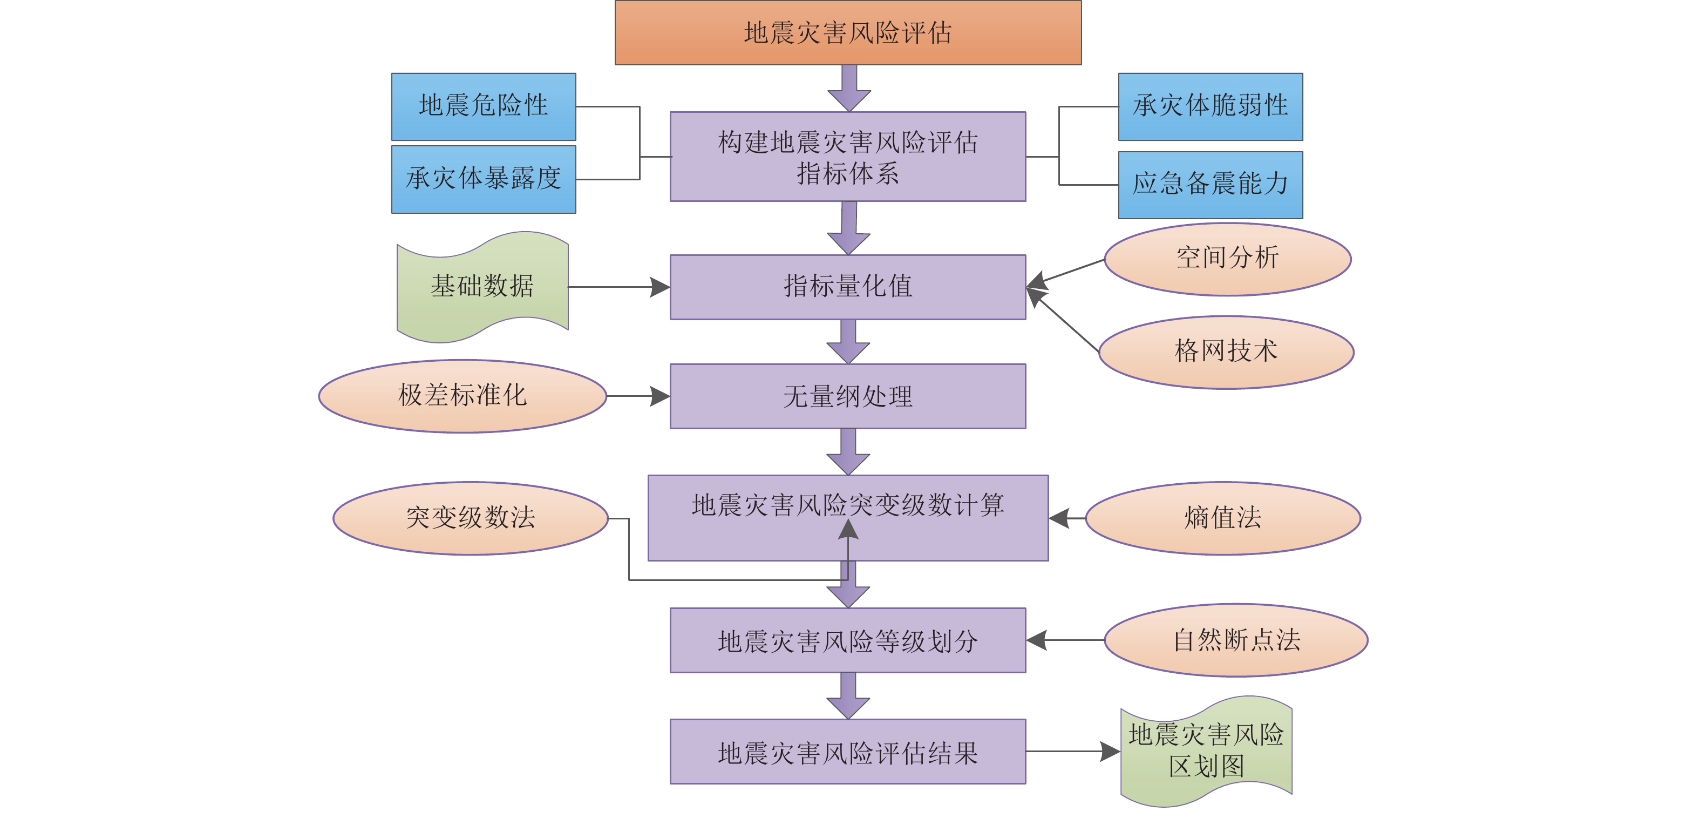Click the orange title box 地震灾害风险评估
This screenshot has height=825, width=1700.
[847, 32]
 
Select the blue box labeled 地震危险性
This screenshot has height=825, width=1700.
[483, 106]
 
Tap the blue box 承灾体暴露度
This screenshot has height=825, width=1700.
[483, 179]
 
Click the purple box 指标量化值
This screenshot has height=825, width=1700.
[847, 287]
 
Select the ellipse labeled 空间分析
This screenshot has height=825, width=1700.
[1227, 259]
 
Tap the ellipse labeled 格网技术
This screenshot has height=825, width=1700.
[1226, 352]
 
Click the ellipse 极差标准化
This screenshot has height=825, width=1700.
[462, 396]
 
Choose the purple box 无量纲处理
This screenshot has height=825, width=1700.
[847, 396]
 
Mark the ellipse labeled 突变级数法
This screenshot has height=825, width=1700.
[470, 518]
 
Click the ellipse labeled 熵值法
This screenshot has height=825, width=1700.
[1222, 518]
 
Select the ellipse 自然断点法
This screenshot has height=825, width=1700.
[1235, 640]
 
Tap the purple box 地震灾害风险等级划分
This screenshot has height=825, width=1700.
[847, 640]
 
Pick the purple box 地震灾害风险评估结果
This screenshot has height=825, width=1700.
[847, 751]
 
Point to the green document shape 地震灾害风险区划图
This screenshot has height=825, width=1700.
[1206, 751]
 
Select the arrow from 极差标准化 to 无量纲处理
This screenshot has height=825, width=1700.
[637, 396]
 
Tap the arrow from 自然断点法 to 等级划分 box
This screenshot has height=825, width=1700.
[1065, 640]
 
